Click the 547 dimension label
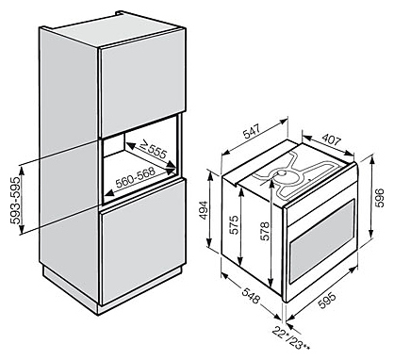[x=252, y=132]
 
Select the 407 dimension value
[x=330, y=139]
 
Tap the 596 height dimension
[x=380, y=198]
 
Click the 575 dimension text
[x=233, y=225]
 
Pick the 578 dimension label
[x=265, y=231]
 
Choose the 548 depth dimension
[x=251, y=295]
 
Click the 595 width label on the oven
[x=327, y=301]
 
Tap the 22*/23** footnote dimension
[x=291, y=338]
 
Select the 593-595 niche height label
[x=15, y=200]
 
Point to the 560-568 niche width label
[x=136, y=178]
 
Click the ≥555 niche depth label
[x=153, y=148]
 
